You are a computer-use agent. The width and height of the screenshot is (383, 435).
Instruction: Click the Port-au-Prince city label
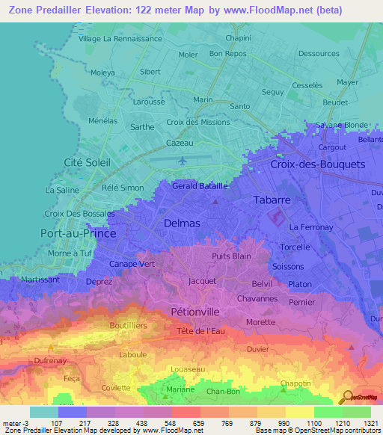click(x=78, y=233)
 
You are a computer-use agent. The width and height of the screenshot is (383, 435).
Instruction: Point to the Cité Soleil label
click(x=87, y=162)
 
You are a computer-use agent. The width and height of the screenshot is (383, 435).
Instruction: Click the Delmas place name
click(x=182, y=223)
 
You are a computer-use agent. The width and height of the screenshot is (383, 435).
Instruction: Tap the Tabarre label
click(x=272, y=200)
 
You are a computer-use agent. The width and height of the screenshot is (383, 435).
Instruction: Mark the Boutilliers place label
click(x=128, y=326)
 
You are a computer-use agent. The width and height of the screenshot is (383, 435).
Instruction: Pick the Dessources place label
click(x=318, y=54)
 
